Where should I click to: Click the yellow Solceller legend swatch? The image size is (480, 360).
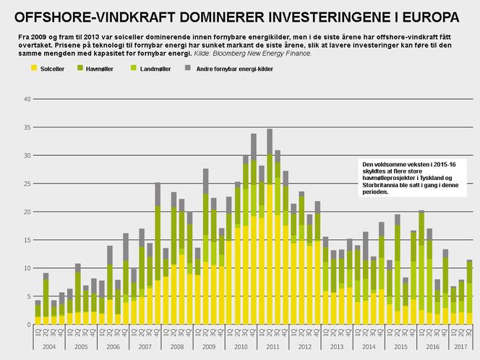tap(34, 68)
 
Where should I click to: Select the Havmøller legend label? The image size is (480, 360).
tap(99, 69)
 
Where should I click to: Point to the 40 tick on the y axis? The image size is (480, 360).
tap(27, 99)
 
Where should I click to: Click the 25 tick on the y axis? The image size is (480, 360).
tap(27, 184)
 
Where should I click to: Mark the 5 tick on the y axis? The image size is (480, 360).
tap(29, 296)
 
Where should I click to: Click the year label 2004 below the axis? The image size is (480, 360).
tap(49, 347)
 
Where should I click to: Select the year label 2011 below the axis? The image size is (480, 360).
tap(273, 347)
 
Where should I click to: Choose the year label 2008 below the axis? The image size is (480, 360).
tap(177, 347)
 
